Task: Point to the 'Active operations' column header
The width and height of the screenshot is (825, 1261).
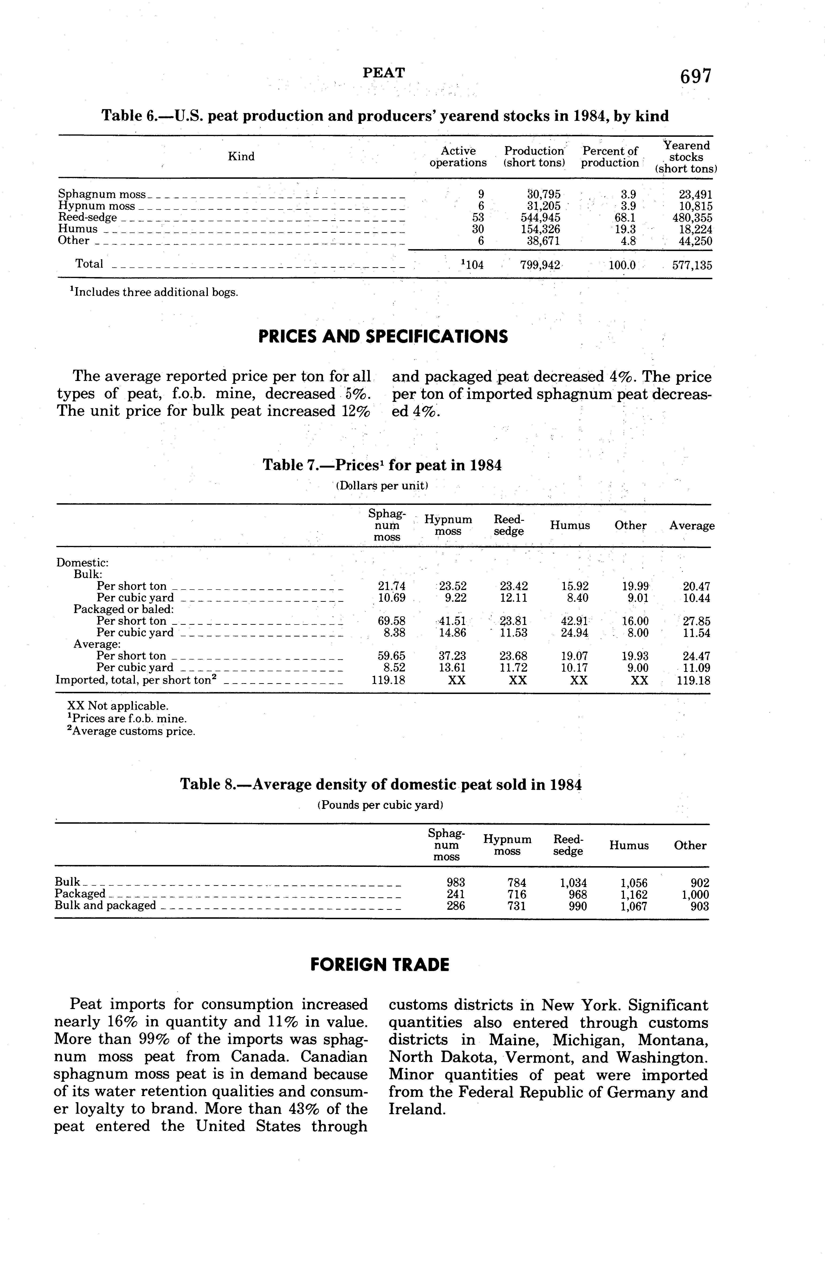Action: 458,157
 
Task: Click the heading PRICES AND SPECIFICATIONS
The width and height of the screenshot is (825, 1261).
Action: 383,336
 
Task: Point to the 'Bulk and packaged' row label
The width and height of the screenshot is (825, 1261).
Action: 106,906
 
